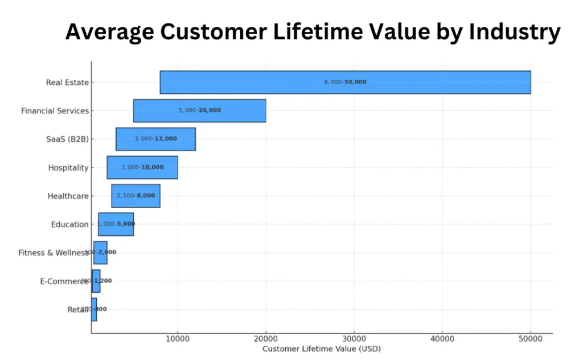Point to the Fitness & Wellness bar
coord(101,252)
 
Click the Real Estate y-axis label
coord(67,83)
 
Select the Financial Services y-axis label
coord(55,111)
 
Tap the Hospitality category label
coord(68,168)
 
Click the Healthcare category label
coord(68,197)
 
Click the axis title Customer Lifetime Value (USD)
coord(321,349)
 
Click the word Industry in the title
coord(515,32)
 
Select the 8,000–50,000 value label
coord(345,82)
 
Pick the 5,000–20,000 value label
coord(199,111)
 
